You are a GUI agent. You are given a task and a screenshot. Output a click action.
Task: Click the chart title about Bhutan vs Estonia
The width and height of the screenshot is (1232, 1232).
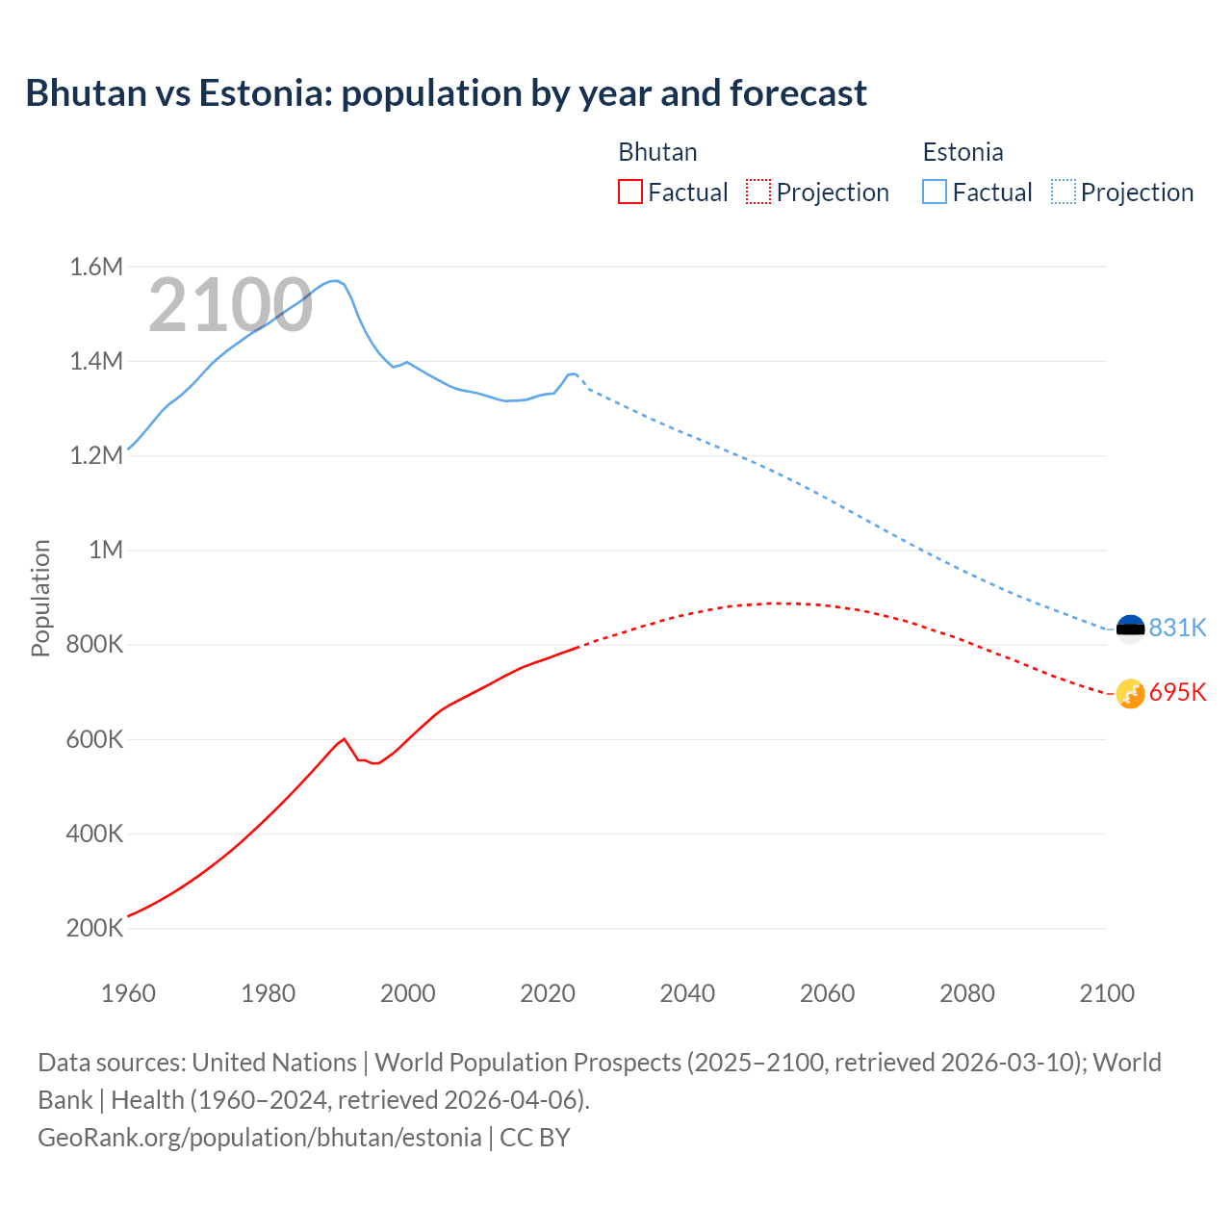coord(446,93)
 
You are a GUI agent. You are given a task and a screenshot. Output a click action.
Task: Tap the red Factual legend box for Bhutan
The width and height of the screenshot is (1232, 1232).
coord(629,192)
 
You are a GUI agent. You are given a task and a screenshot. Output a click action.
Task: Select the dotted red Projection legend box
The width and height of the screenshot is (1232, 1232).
coord(758,192)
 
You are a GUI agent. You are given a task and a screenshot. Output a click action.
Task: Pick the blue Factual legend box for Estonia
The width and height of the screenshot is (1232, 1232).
coord(935,192)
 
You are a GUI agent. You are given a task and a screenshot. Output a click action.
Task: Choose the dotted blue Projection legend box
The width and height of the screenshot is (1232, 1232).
coord(1064,192)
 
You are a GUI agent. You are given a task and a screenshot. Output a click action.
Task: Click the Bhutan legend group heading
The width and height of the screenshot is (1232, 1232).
coord(657,152)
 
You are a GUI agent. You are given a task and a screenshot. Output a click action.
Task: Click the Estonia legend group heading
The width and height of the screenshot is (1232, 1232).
coord(962,152)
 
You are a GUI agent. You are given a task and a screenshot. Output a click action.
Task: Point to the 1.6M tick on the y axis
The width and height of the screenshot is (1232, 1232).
coord(96,267)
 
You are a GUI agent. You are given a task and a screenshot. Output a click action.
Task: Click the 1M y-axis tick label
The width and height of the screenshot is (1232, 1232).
coord(106,550)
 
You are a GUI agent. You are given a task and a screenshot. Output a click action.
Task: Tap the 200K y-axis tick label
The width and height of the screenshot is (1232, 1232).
coord(94,929)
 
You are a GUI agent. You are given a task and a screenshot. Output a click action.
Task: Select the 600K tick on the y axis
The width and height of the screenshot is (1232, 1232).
coord(94,739)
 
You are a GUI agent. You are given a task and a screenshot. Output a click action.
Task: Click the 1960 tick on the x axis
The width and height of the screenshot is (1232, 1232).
coord(128,993)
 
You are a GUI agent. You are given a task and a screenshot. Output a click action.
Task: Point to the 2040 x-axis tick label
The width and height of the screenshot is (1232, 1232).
coord(687,993)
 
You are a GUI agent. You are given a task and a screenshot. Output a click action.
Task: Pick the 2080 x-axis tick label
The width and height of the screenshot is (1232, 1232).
coord(966,993)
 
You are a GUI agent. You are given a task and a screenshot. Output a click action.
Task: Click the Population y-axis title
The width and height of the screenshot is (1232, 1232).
coord(40,598)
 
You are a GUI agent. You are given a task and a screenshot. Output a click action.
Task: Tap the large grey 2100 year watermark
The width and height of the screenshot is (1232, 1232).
coord(230,305)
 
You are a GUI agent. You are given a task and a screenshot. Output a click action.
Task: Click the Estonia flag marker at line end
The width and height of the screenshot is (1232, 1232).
coord(1130,629)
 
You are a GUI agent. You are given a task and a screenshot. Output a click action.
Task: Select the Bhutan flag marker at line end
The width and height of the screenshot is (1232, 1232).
coord(1130,693)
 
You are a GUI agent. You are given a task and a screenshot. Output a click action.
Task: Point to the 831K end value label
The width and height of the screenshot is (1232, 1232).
coord(1177,628)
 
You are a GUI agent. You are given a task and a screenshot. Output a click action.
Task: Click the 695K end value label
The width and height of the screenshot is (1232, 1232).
coord(1177,692)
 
